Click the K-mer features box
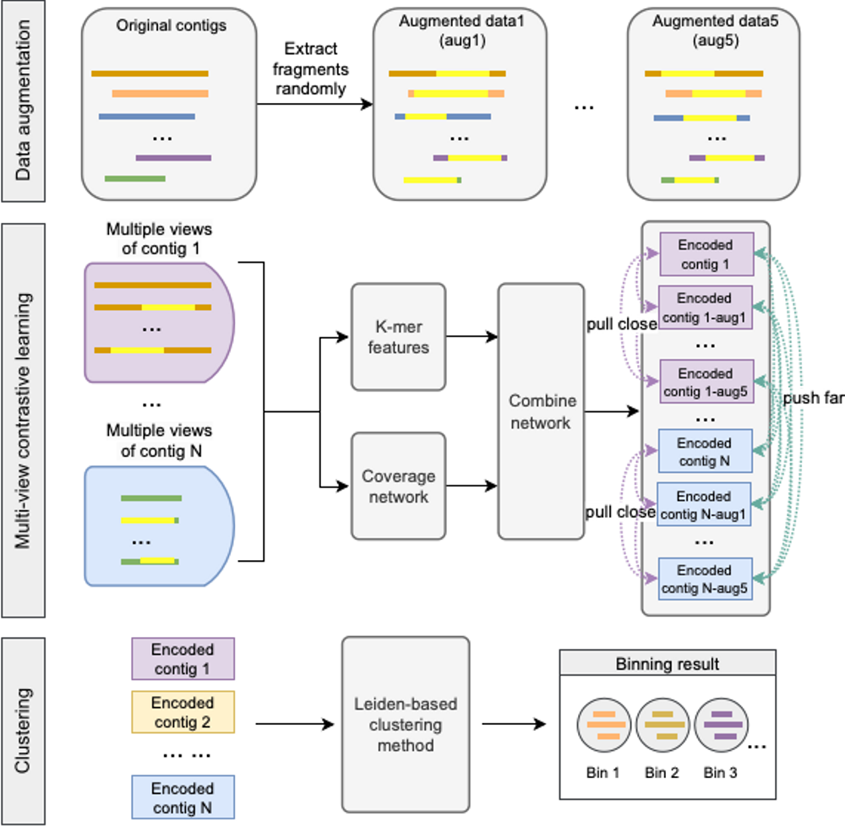[x=398, y=336]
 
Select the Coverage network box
[x=398, y=487]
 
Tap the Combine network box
[x=541, y=411]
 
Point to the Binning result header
[x=668, y=663]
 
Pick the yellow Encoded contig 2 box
[x=183, y=712]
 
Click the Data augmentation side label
[x=23, y=101]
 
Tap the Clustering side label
[x=23, y=732]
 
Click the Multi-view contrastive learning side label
[x=23, y=420]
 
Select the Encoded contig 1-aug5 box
[x=704, y=382]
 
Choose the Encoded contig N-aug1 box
[x=704, y=505]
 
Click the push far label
[x=812, y=397]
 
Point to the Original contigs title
[x=171, y=25]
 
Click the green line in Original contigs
[x=134, y=178]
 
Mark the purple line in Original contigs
[x=173, y=157]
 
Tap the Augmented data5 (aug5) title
[x=716, y=29]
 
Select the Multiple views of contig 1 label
[x=160, y=238]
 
